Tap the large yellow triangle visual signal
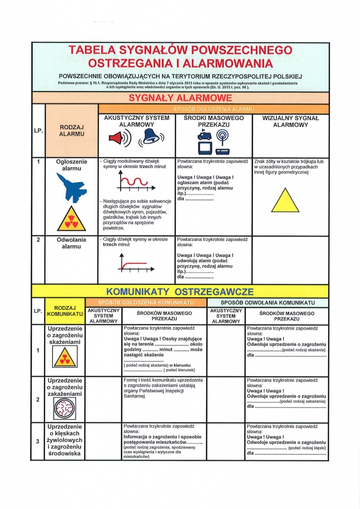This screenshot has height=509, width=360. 285,200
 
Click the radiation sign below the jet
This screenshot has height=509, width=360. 69,219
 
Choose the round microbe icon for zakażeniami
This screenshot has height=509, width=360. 65,409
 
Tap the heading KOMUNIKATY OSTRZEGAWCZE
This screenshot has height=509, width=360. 180,291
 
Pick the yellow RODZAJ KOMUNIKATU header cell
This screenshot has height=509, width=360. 65,311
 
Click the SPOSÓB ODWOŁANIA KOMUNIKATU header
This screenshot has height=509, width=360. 268,303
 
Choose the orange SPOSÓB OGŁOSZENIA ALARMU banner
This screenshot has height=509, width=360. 213,108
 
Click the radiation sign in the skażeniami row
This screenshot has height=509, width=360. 65,357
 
